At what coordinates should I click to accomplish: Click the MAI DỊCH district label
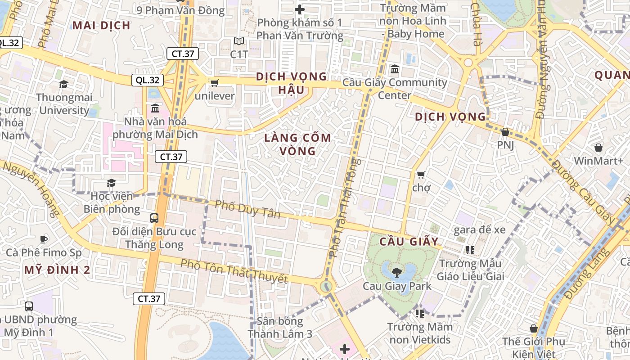tap(101, 25)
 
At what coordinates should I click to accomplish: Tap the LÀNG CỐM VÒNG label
tap(297, 144)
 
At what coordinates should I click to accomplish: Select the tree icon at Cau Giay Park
tap(397, 272)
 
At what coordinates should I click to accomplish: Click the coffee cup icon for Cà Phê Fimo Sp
tap(43, 239)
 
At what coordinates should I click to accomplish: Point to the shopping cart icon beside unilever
tap(214, 83)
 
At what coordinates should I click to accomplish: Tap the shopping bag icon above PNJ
tap(505, 132)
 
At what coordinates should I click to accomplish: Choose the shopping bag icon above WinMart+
tap(598, 148)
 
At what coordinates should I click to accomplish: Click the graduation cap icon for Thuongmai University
tap(63, 84)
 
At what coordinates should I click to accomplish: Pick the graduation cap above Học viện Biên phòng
tap(111, 183)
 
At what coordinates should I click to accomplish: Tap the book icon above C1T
tap(239, 41)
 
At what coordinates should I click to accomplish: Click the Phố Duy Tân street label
tap(247, 209)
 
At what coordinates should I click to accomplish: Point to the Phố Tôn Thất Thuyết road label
tap(234, 270)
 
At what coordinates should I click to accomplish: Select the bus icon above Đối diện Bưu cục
tap(154, 218)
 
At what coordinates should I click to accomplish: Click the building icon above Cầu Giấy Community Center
tap(395, 69)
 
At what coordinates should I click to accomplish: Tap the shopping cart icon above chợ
tap(421, 175)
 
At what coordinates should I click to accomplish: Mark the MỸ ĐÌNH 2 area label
tap(57, 270)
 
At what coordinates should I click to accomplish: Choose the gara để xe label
tap(479, 230)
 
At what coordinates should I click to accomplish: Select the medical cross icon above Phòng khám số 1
tap(299, 9)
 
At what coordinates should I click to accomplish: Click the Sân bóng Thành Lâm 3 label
tap(280, 328)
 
